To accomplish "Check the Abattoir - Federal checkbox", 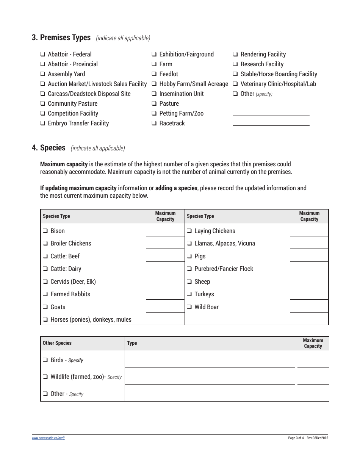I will [x=43, y=55].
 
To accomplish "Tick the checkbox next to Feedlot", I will [x=154, y=74].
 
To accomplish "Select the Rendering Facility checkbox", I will [x=235, y=55].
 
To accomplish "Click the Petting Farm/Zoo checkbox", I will [x=154, y=114].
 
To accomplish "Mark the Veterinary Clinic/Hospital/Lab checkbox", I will [x=235, y=84].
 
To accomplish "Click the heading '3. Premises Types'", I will [x=61, y=38].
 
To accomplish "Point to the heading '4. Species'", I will [x=49, y=148].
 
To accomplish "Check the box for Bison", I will [x=45, y=231].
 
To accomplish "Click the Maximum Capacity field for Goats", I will [x=165, y=307].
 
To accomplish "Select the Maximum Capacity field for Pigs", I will [x=309, y=256].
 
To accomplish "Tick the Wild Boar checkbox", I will [x=189, y=307].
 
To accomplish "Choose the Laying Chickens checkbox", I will [x=189, y=231].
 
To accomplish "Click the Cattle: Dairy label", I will [x=66, y=269].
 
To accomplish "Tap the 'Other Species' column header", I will [x=57, y=343].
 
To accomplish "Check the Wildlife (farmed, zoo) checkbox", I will [x=45, y=377].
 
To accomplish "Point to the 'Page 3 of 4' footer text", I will [x=296, y=438].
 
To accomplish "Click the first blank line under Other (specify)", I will [x=271, y=103].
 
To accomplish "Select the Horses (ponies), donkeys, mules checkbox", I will [x=45, y=320].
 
